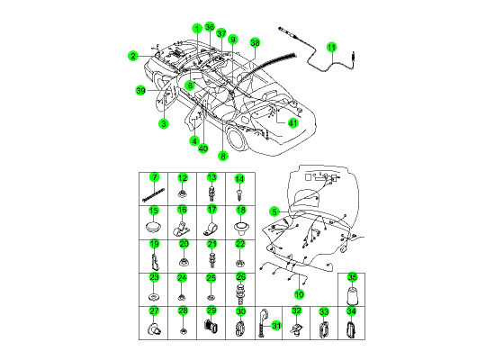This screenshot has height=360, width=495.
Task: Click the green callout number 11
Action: tap(331, 48)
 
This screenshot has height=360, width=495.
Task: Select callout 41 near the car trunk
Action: tap(293, 122)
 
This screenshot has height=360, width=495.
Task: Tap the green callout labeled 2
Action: tap(133, 56)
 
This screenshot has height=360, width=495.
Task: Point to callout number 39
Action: tap(140, 91)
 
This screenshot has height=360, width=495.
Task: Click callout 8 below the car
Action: tap(223, 156)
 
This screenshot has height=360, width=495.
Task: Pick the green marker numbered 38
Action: tap(255, 42)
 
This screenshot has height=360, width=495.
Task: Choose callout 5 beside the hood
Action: tap(274, 211)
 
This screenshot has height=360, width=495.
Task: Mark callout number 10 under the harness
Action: tap(299, 294)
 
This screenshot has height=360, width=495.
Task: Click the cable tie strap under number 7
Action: tap(153, 194)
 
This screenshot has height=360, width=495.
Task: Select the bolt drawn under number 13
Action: tap(211, 193)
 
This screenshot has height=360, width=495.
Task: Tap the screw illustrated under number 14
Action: tap(239, 194)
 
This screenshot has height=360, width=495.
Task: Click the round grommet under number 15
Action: tap(154, 228)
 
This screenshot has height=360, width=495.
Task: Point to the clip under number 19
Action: tap(155, 262)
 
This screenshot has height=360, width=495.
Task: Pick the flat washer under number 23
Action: tap(154, 298)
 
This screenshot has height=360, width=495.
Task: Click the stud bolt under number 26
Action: tap(240, 294)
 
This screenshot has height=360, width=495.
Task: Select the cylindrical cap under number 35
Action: tap(352, 296)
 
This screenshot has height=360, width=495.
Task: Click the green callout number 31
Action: tap(276, 325)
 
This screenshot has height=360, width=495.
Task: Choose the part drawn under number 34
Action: tap(351, 329)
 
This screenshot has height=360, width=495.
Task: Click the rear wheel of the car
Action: tap(237, 139)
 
